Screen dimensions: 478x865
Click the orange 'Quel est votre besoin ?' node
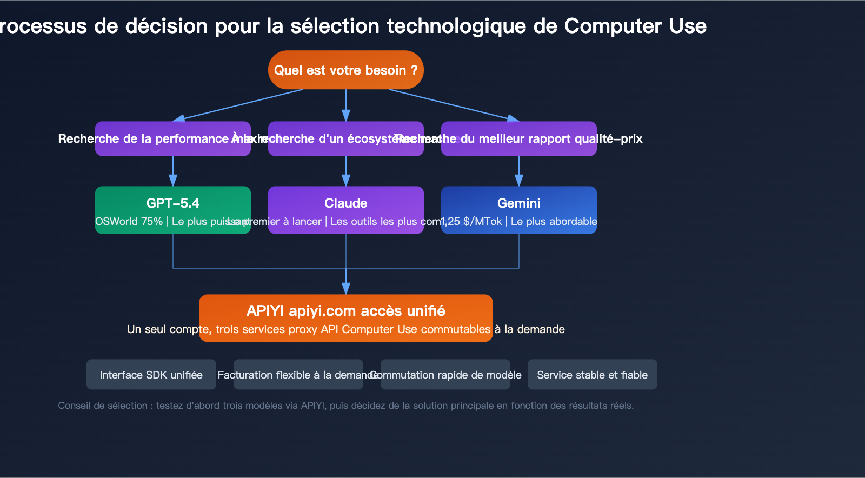[345, 70]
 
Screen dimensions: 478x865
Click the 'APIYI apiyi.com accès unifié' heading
[345, 311]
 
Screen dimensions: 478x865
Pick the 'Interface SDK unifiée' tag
[151, 375]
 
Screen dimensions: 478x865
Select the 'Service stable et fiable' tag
[592, 375]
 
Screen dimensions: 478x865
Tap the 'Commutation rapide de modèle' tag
[445, 375]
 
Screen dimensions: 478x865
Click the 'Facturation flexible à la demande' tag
[298, 375]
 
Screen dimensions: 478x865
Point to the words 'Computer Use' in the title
[635, 26]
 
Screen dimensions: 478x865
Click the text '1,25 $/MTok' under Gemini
[471, 222]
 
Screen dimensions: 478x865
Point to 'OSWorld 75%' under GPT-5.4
[129, 222]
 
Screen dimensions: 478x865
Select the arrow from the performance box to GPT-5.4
[173, 172]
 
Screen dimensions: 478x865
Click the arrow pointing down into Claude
[346, 172]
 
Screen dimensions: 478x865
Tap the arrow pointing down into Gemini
[519, 172]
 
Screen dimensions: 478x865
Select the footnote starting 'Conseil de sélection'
[345, 406]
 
